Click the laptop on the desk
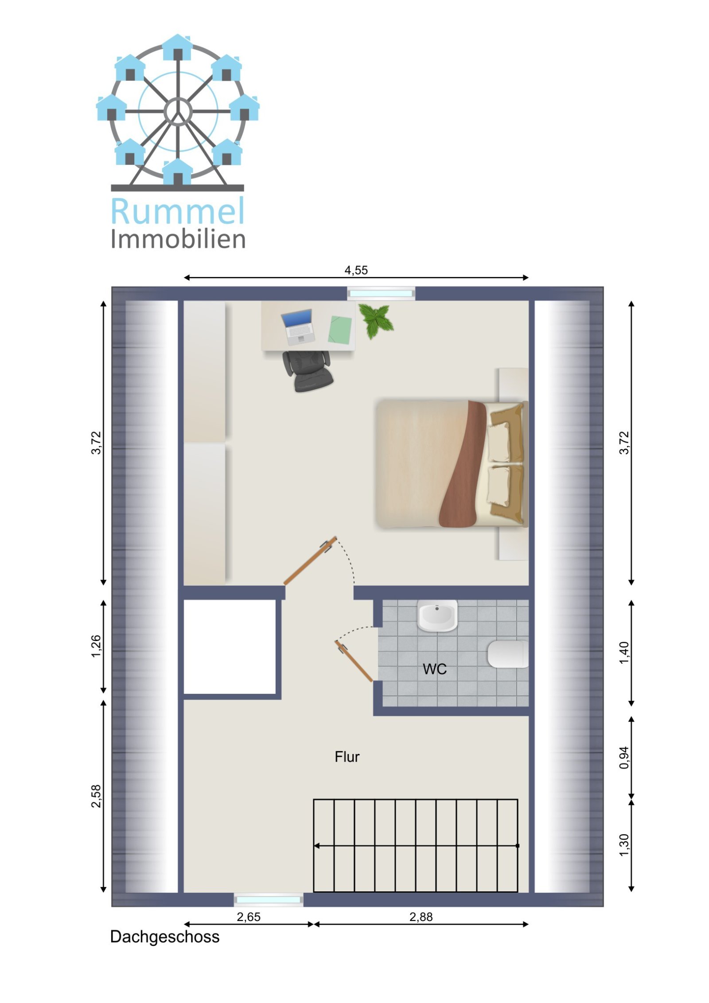click(298, 327)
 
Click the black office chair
click(308, 370)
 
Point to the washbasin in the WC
click(437, 615)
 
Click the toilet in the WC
click(508, 654)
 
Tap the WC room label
click(434, 669)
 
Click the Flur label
click(347, 757)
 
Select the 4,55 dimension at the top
click(356, 270)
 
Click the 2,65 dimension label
click(249, 917)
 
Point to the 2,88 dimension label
click(421, 917)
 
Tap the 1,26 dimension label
click(96, 646)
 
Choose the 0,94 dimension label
click(623, 758)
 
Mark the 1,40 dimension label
click(623, 653)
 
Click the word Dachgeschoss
click(164, 937)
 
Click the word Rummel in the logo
click(177, 211)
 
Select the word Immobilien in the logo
click(178, 239)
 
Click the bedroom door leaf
click(310, 560)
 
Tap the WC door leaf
click(354, 661)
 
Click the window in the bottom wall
click(269, 900)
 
